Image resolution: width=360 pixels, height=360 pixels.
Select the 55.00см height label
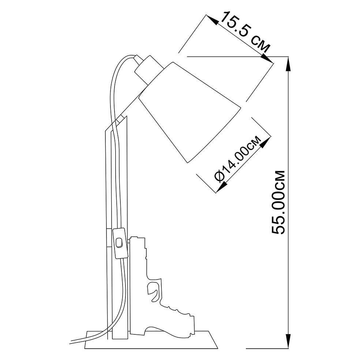pyautogui.click(x=278, y=202)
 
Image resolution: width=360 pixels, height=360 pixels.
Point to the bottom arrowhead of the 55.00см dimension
pyautogui.click(x=289, y=341)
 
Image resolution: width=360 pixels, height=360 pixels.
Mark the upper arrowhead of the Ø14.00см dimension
pyautogui.click(x=265, y=143)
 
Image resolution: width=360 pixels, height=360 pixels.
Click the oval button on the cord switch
pyautogui.click(x=119, y=243)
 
